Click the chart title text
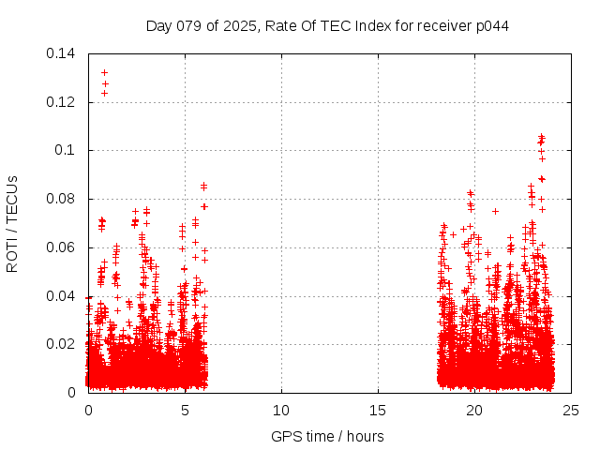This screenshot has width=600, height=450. click(327, 25)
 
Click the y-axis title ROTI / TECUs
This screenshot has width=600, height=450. click(12, 223)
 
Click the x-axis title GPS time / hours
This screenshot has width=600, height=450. click(327, 436)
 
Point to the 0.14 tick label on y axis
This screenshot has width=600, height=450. click(63, 53)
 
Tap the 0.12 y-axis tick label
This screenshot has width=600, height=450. click(63, 102)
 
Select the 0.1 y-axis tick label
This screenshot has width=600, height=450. click(67, 150)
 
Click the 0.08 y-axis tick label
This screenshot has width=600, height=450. click(63, 199)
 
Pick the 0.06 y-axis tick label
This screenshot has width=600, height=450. click(63, 247)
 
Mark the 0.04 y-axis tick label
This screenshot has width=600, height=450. click(63, 296)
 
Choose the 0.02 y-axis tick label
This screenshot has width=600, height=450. click(63, 344)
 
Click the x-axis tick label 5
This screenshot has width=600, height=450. click(185, 411)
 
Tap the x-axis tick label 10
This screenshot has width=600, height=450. click(281, 411)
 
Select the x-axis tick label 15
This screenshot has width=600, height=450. click(378, 411)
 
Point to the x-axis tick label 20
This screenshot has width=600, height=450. click(474, 411)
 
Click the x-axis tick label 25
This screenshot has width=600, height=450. click(571, 411)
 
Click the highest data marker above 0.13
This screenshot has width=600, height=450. click(104, 72)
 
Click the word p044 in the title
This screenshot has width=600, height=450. click(491, 25)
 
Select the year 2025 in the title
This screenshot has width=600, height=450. click(239, 25)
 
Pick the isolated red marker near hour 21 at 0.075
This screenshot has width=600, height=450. click(495, 211)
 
